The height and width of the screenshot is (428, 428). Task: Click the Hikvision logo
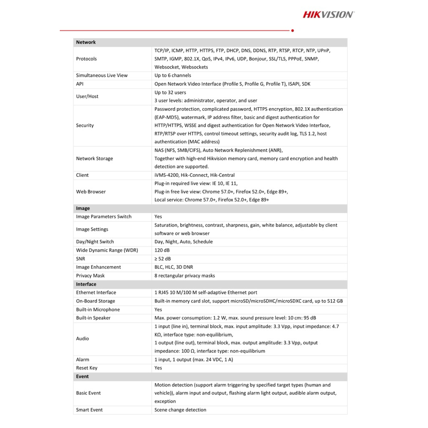[328, 15]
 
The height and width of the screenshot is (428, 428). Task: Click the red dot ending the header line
[292, 31]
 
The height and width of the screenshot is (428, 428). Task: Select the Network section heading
[86, 42]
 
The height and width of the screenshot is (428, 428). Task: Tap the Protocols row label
[86, 59]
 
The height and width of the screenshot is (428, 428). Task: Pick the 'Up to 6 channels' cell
[173, 76]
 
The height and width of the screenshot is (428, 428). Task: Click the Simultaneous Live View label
[102, 76]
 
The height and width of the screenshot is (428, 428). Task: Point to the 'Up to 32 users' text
[170, 92]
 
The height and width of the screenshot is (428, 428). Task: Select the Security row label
[85, 125]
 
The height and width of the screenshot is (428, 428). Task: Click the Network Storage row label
[94, 159]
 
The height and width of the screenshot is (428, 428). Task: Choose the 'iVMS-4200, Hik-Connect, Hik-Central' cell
[194, 175]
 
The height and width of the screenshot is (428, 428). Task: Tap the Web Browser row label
[91, 192]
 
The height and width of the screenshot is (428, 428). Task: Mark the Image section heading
[83, 208]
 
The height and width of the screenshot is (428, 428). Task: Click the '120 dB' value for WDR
[162, 250]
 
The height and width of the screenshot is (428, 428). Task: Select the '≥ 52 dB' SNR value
[163, 259]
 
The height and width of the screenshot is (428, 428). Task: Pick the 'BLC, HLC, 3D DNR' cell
[173, 267]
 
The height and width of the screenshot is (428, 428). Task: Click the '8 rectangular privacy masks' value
[185, 276]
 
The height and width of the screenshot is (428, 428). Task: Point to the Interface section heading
[86, 284]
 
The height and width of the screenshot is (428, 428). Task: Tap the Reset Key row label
[87, 368]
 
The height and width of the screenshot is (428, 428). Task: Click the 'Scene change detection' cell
[180, 410]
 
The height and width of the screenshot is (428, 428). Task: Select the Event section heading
[82, 377]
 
